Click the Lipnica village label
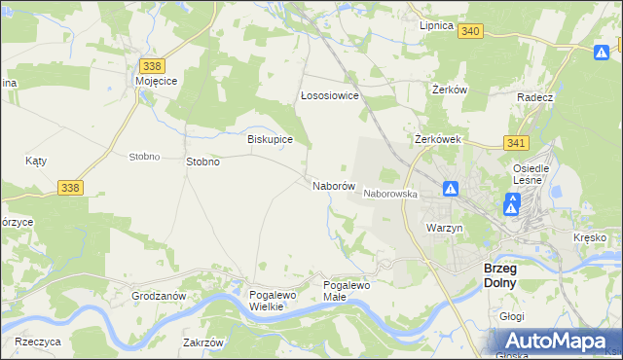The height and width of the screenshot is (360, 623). pyautogui.click(x=436, y=25)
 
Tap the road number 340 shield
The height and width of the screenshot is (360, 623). pyautogui.click(x=471, y=31)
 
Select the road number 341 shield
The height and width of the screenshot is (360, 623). pyautogui.click(x=517, y=142)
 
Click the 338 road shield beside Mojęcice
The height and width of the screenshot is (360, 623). pyautogui.click(x=151, y=65)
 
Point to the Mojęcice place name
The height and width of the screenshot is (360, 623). pyautogui.click(x=156, y=82)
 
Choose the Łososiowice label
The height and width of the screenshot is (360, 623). pyautogui.click(x=330, y=96)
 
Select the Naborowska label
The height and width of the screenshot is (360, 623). pyautogui.click(x=390, y=194)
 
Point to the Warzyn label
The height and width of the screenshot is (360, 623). pyautogui.click(x=443, y=227)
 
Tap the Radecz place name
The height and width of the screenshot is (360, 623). pyautogui.click(x=535, y=98)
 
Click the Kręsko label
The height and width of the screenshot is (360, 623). pyautogui.click(x=590, y=237)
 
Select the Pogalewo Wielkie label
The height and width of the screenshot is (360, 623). pyautogui.click(x=267, y=300)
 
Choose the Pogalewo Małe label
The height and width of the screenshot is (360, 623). pyautogui.click(x=348, y=290)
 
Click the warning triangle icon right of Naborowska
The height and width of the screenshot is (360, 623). pyautogui.click(x=451, y=189)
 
